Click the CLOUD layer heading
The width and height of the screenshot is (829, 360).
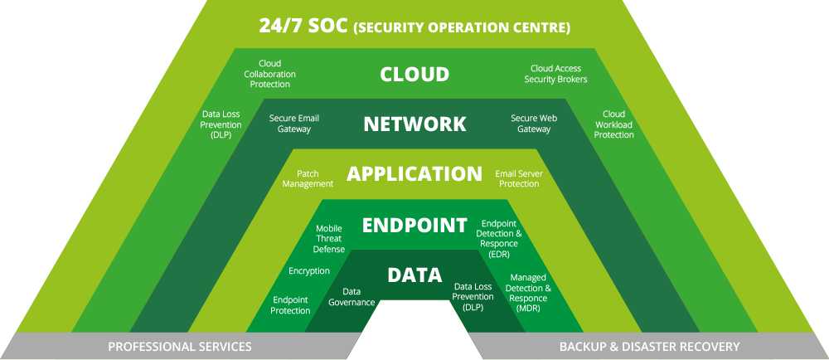[414, 74]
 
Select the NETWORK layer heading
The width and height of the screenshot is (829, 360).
[414, 124]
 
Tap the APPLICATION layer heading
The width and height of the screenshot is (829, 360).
[414, 174]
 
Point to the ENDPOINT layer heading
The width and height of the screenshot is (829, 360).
[414, 225]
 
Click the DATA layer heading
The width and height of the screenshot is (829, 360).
[414, 275]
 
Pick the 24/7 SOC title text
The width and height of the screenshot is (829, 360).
[414, 26]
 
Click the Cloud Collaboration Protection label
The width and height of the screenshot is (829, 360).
[269, 74]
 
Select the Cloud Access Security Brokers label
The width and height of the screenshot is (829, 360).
[555, 74]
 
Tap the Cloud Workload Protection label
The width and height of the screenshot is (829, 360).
[614, 124]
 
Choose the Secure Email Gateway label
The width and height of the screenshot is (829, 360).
[294, 124]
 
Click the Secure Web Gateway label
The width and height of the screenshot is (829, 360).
[534, 124]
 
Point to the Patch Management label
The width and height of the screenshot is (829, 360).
[308, 178]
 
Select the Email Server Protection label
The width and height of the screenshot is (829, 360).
[519, 178]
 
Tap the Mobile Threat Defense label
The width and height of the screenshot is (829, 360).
[330, 237]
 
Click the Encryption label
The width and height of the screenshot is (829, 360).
[309, 270]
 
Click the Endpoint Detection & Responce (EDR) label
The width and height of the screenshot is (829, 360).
[499, 239]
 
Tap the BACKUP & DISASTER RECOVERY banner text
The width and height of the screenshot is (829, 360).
[649, 346]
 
